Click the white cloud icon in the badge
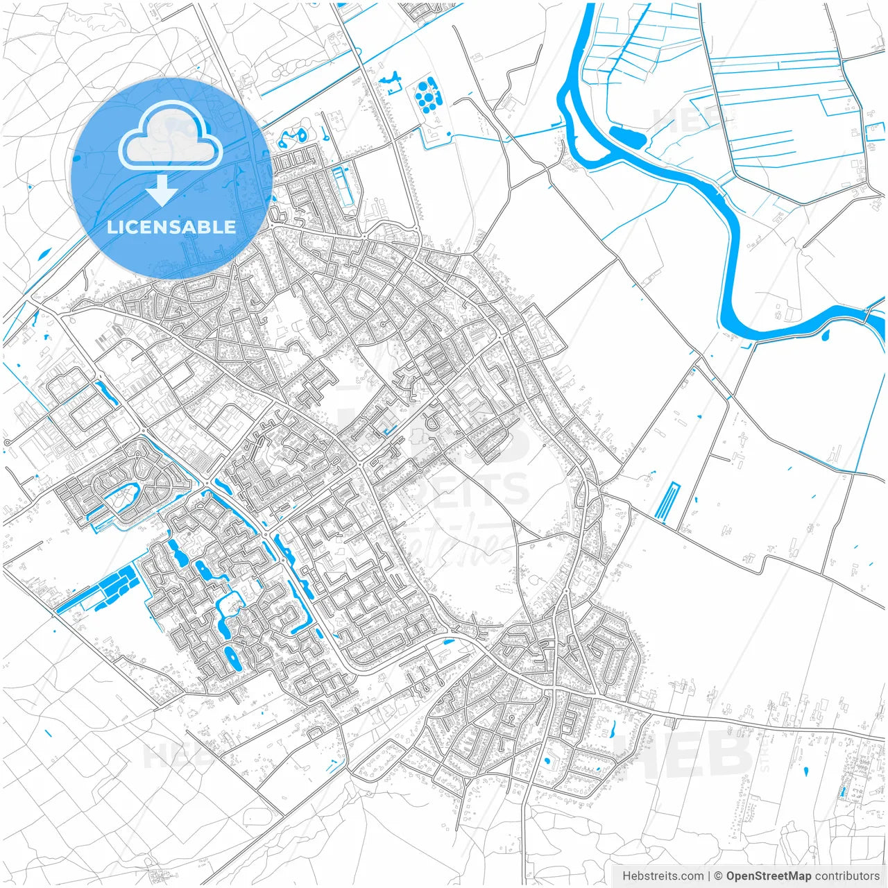(x=170, y=137)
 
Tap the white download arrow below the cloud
(x=162, y=191)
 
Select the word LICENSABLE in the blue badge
(x=171, y=227)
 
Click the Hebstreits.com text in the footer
(x=663, y=876)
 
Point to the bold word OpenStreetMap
(x=769, y=876)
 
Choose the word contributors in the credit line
(x=847, y=876)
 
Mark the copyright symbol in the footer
(x=719, y=876)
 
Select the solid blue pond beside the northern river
(x=627, y=137)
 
